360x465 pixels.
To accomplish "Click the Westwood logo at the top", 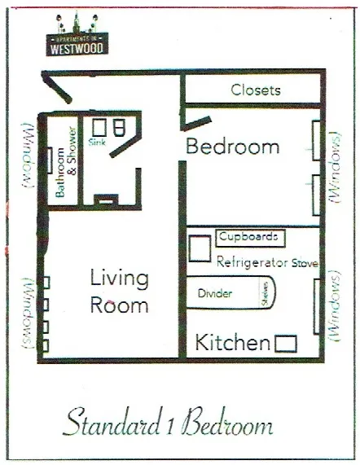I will pyautogui.click(x=76, y=39).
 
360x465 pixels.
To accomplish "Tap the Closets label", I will pyautogui.click(x=256, y=90).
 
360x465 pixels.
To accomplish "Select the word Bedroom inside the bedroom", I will pyautogui.click(x=233, y=147).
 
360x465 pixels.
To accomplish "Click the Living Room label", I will pyautogui.click(x=120, y=292).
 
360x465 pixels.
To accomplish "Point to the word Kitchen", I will pyautogui.click(x=231, y=342).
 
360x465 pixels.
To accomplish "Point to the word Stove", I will pyautogui.click(x=304, y=263).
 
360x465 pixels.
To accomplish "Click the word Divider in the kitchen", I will pyautogui.click(x=215, y=293).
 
